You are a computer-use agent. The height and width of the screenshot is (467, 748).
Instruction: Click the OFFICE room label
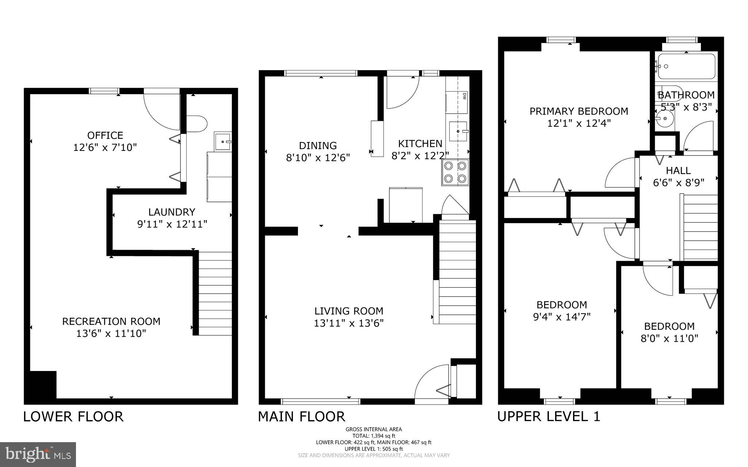(x=105, y=135)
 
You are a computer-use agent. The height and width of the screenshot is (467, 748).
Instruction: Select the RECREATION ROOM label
(x=111, y=321)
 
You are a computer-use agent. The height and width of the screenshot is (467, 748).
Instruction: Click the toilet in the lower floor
(x=197, y=124)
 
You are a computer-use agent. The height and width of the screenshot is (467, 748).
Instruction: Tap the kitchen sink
(x=458, y=131)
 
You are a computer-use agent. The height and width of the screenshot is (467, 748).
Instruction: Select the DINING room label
(x=318, y=146)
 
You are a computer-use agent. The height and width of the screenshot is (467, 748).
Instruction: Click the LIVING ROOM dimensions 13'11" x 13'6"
(x=348, y=323)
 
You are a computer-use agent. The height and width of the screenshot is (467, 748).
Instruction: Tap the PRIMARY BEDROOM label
(x=579, y=111)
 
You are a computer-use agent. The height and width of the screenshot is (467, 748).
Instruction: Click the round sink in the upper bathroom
(x=664, y=119)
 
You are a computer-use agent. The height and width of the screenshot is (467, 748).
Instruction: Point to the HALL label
(x=678, y=171)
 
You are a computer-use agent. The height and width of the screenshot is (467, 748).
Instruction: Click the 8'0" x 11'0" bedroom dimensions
(x=669, y=338)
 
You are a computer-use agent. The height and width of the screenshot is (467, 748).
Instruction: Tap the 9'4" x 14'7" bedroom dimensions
(x=562, y=317)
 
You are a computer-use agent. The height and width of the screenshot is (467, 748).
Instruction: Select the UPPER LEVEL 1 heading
(x=549, y=417)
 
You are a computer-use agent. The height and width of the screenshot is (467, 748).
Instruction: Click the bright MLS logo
(x=38, y=454)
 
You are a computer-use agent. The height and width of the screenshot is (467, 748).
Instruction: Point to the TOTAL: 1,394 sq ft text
(x=374, y=436)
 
